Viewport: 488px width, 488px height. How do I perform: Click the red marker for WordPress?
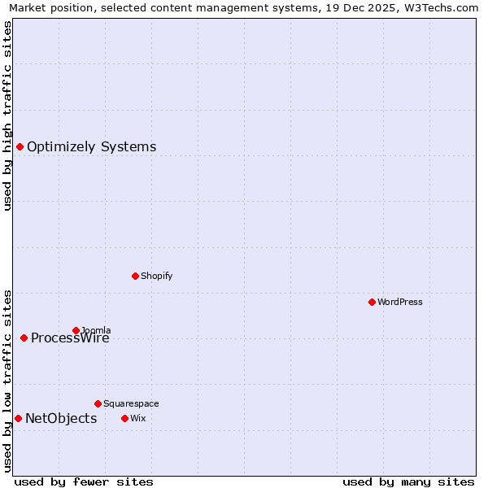(372, 302)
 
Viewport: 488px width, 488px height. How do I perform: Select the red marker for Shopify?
(135, 276)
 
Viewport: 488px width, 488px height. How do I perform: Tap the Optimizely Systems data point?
(20, 146)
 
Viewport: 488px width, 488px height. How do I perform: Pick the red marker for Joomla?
(76, 330)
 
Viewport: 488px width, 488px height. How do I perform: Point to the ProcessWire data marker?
(24, 338)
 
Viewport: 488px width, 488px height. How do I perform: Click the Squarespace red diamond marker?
(98, 403)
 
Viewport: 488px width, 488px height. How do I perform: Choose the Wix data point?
(124, 418)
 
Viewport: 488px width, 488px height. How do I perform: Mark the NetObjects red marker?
(18, 418)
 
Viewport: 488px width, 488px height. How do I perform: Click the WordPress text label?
(400, 302)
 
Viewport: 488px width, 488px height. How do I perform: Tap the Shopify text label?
(157, 276)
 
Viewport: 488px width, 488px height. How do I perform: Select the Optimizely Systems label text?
(91, 146)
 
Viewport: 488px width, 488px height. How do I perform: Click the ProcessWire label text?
(70, 338)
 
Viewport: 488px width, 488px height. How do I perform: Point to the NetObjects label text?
(61, 418)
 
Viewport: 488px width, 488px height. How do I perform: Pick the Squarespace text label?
(131, 403)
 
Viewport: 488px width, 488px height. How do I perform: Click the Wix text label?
(138, 418)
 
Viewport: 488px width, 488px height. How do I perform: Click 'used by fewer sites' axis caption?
(84, 481)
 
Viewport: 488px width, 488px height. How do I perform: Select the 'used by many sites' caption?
(408, 481)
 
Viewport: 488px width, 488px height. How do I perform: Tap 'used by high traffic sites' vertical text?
(7, 115)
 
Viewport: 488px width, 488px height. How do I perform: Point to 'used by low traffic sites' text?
(7, 380)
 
